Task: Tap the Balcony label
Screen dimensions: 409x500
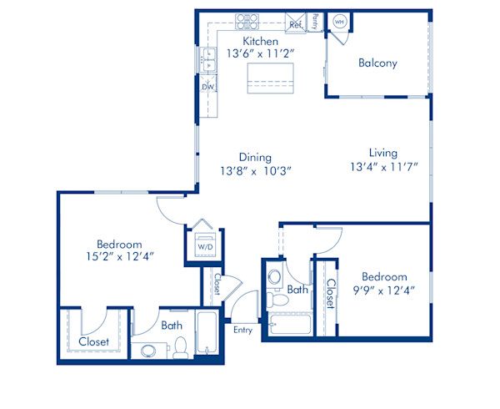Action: click(377, 63)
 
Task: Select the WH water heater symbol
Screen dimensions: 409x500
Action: click(340, 22)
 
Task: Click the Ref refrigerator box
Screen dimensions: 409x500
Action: click(296, 24)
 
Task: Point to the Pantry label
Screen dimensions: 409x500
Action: click(315, 21)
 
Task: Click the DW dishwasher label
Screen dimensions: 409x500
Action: click(207, 85)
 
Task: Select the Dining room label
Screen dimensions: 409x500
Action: click(254, 157)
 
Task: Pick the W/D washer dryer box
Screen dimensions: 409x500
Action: click(204, 247)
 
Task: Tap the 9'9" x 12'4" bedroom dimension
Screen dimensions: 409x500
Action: click(384, 290)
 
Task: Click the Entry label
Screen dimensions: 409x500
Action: click(243, 329)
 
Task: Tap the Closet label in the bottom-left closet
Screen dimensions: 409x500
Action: click(93, 342)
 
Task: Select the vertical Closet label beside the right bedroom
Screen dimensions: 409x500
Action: click(330, 293)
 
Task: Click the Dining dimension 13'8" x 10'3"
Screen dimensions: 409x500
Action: click(255, 171)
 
